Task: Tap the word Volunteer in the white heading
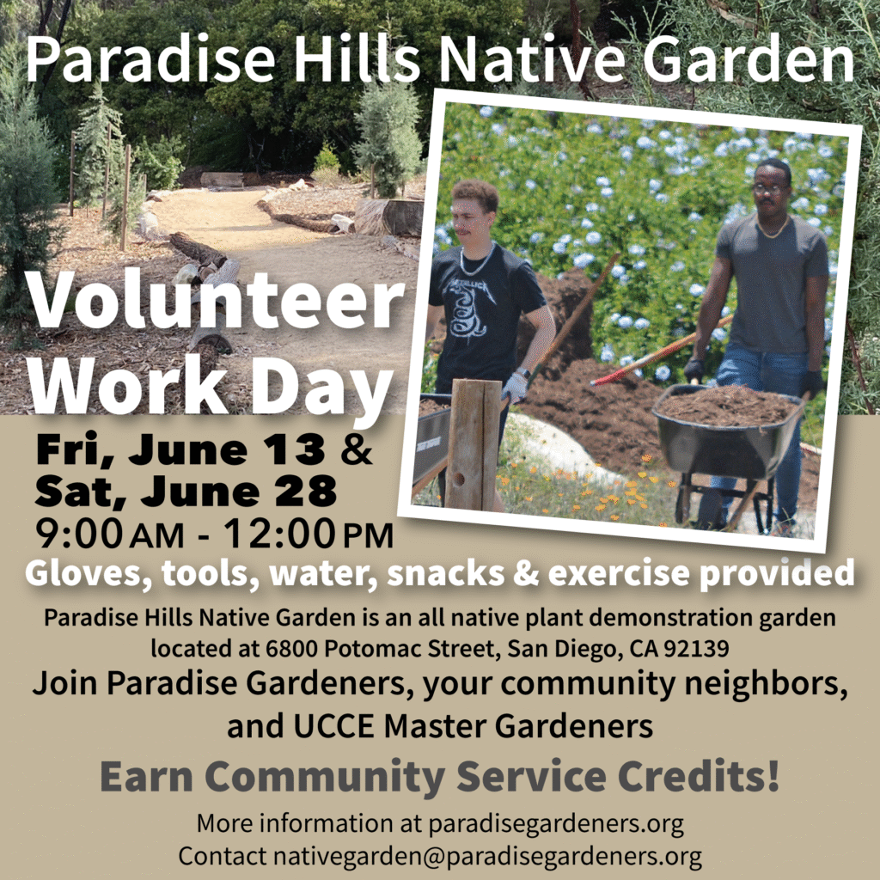(x=215, y=302)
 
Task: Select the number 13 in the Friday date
(x=296, y=449)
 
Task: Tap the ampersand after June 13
(x=356, y=449)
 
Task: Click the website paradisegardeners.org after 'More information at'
(x=556, y=823)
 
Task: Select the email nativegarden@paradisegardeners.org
(x=487, y=857)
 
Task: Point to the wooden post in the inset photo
(x=474, y=444)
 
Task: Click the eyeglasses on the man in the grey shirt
(x=767, y=189)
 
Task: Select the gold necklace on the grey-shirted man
(x=774, y=228)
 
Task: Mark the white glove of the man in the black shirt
(x=515, y=387)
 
